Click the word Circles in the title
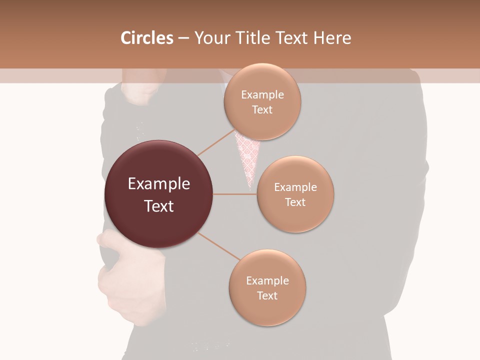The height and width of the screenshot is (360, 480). tap(147, 38)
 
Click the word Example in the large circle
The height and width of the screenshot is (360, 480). tap(158, 184)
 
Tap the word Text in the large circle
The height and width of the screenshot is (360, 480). tap(158, 206)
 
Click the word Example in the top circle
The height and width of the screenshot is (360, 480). tap(262, 95)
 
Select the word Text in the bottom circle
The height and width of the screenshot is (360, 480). tap(267, 295)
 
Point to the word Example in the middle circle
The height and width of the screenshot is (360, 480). tap(295, 187)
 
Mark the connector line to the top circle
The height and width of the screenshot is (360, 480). tap(216, 142)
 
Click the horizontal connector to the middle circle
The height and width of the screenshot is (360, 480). tap(235, 194)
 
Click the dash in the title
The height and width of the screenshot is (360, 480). tap(183, 38)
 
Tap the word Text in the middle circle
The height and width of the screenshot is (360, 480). tap(295, 202)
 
